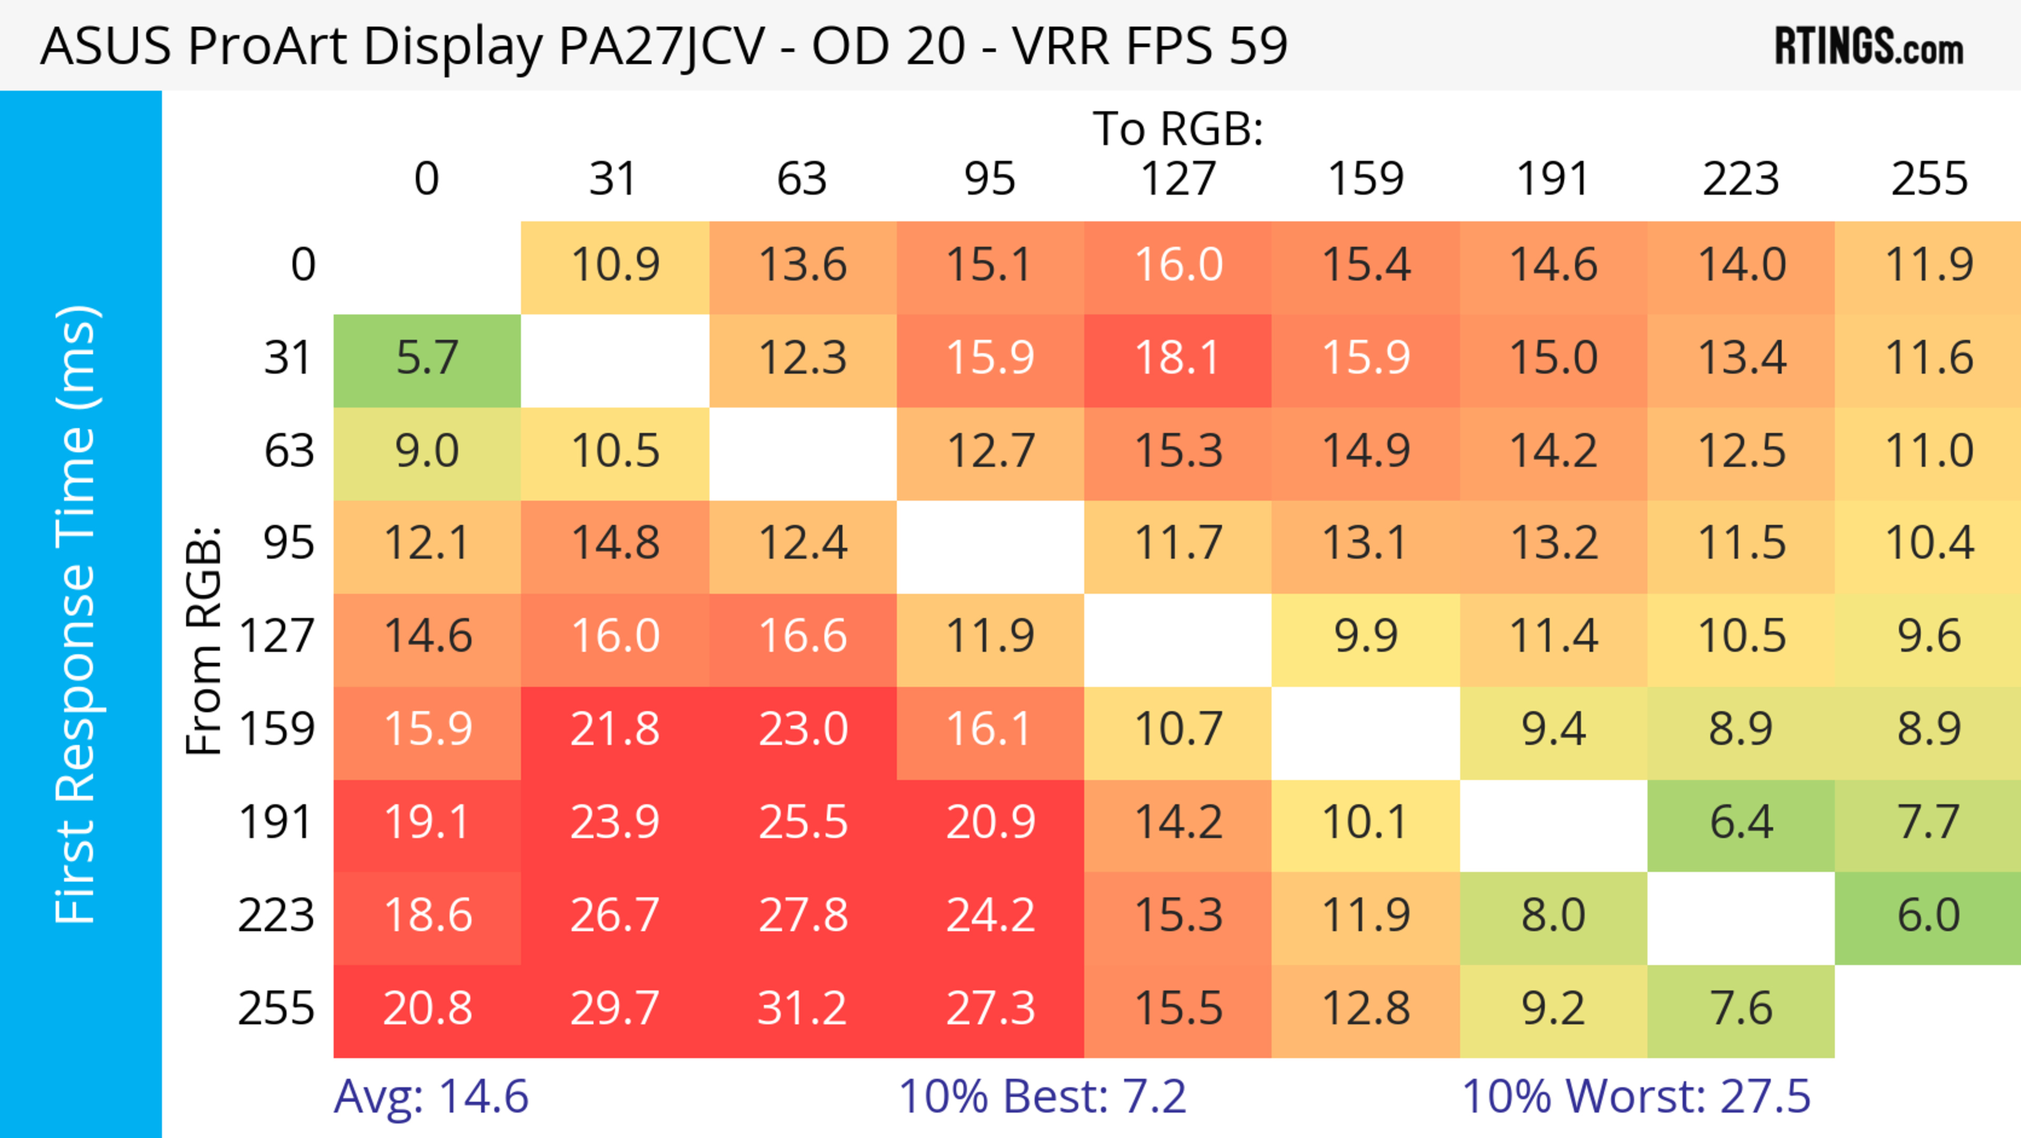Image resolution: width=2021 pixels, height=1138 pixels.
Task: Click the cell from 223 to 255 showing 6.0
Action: tap(1928, 916)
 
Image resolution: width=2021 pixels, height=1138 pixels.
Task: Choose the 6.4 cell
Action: tap(1741, 823)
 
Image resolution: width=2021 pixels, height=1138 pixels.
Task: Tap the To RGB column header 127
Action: tap(1178, 179)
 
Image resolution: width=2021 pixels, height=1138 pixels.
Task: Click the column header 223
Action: tap(1741, 179)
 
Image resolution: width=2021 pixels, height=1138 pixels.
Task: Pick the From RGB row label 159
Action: tap(277, 730)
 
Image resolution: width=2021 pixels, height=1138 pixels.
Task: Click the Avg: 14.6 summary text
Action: tap(431, 1097)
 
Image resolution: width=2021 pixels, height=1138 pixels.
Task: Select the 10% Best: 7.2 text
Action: tap(1042, 1097)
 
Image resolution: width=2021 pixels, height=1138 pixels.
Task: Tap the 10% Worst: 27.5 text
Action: tap(1636, 1097)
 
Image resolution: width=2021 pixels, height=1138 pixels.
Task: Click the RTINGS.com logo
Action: tap(1869, 46)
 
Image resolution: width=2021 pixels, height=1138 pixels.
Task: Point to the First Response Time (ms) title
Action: tap(77, 613)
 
